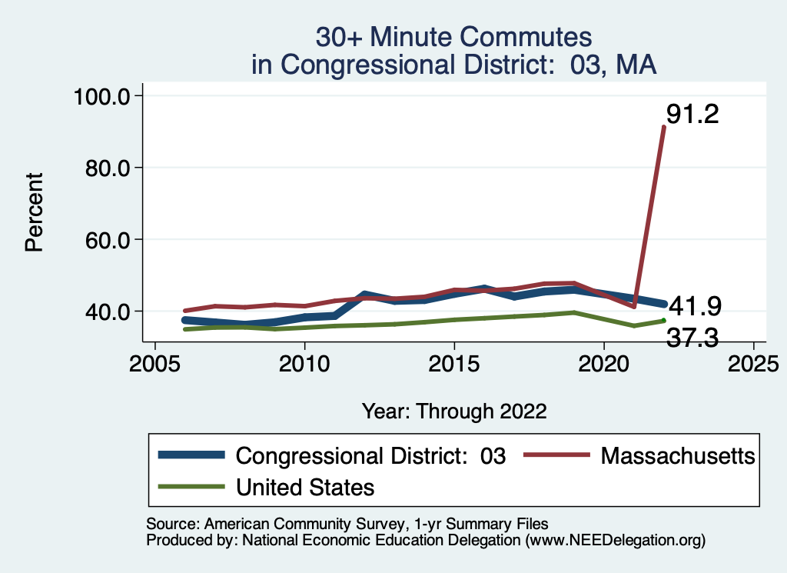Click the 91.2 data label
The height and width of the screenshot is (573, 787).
692,115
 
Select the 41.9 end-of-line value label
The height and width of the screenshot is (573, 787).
696,306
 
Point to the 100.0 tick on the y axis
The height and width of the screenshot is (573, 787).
105,96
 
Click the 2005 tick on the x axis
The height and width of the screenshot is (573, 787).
155,361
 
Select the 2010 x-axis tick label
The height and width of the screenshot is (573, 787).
304,361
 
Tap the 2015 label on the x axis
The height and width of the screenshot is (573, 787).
454,361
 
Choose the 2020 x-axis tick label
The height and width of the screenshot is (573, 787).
604,361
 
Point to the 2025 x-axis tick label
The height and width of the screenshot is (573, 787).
753,361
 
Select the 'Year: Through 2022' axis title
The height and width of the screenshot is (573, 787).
454,411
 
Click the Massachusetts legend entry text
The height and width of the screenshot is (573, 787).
678,455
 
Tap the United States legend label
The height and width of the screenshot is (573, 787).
305,487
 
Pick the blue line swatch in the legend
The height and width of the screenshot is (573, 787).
191,455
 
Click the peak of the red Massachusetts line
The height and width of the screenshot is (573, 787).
664,127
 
